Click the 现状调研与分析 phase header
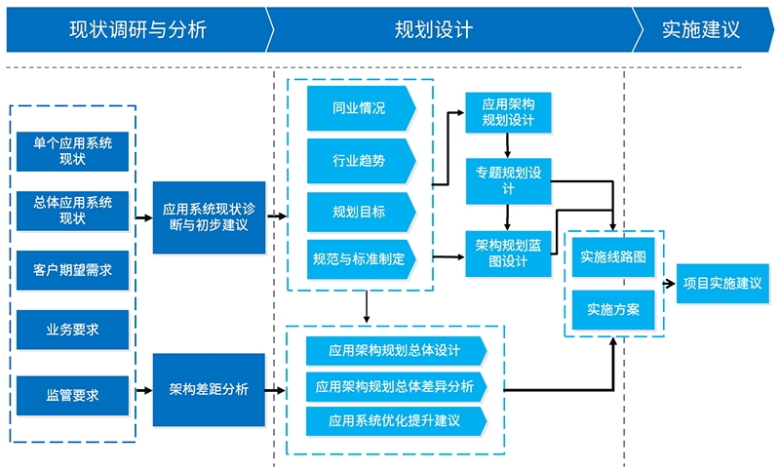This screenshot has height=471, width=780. click(x=137, y=29)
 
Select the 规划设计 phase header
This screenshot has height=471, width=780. click(x=434, y=29)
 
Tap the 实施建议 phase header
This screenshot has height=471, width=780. click(x=700, y=29)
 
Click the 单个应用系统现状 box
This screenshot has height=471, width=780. click(x=73, y=150)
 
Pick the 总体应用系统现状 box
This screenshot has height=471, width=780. click(x=73, y=210)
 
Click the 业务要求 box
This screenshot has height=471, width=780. click(x=73, y=330)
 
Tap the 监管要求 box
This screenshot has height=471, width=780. click(x=73, y=395)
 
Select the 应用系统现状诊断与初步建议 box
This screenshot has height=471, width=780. click(x=209, y=216)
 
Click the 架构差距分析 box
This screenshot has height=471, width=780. click(x=209, y=389)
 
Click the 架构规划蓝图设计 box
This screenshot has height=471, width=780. click(x=509, y=253)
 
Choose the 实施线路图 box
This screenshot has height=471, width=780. click(x=613, y=257)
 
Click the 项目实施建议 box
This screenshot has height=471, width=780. click(x=722, y=283)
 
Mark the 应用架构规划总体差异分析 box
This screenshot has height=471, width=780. click(x=395, y=386)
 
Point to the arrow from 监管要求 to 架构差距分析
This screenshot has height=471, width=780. click(x=141, y=391)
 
